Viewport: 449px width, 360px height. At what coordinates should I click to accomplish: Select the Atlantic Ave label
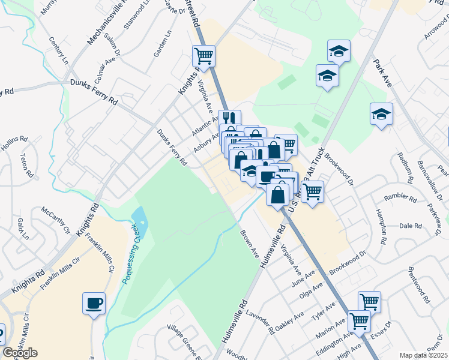click(205, 125)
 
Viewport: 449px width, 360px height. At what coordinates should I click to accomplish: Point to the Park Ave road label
click(382, 73)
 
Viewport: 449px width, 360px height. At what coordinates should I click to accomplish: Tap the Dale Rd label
click(411, 226)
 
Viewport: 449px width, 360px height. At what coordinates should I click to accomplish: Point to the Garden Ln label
click(158, 45)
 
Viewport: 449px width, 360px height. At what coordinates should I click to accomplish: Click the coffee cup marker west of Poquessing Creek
click(94, 302)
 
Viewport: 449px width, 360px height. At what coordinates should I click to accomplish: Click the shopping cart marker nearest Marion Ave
click(359, 320)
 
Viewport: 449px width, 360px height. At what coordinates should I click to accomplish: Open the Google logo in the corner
click(20, 353)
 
